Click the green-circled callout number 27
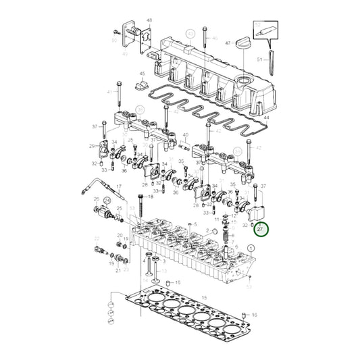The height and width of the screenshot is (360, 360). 261,230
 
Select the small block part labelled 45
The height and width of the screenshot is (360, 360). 142,85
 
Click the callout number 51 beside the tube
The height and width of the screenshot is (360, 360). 259,59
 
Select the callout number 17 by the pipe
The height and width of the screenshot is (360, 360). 118,186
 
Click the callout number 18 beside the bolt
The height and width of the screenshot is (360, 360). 160,197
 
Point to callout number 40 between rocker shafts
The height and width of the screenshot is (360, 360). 184,134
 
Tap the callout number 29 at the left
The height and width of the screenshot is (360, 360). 91,146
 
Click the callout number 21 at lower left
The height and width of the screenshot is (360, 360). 118,270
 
